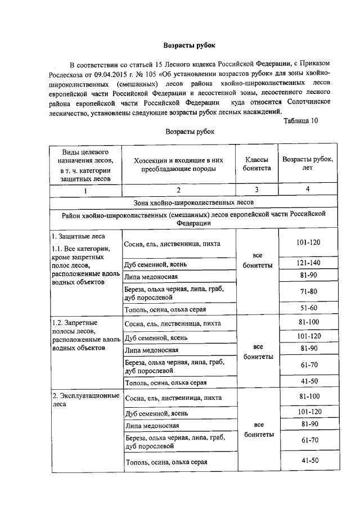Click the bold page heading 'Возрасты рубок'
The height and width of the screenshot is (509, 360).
click(189, 44)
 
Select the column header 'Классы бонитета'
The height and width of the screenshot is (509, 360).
click(256, 164)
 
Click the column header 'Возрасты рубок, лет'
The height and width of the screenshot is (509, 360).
click(307, 164)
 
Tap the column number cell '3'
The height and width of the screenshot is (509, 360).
click(256, 190)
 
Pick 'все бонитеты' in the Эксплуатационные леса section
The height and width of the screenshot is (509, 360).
click(256, 430)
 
